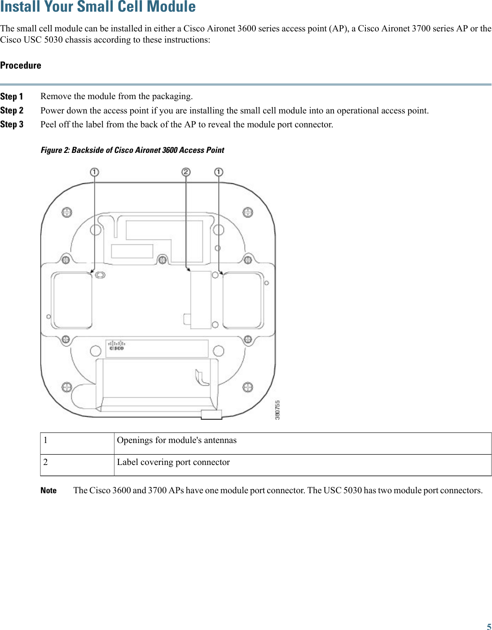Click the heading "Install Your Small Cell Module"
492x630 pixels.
coord(98,7)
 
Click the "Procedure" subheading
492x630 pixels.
coord(21,65)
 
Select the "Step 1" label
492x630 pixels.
coord(12,96)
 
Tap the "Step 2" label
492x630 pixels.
coord(12,110)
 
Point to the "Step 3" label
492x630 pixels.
coord(12,124)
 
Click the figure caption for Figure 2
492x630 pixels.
coord(132,150)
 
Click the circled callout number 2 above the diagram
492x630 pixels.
coord(186,172)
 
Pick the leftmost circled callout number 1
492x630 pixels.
coord(94,172)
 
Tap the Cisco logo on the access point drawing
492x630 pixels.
coord(116,345)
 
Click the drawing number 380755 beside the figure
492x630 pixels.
coord(277,410)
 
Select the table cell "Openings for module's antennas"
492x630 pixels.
coord(176,440)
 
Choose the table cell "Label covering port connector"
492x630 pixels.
coord(173,462)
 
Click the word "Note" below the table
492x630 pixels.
coord(48,491)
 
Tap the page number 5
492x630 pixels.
coord(489,627)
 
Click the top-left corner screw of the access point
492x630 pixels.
coord(66,212)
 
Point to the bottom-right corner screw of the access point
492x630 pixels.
coord(248,387)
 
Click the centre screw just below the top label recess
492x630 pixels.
coord(163,260)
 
